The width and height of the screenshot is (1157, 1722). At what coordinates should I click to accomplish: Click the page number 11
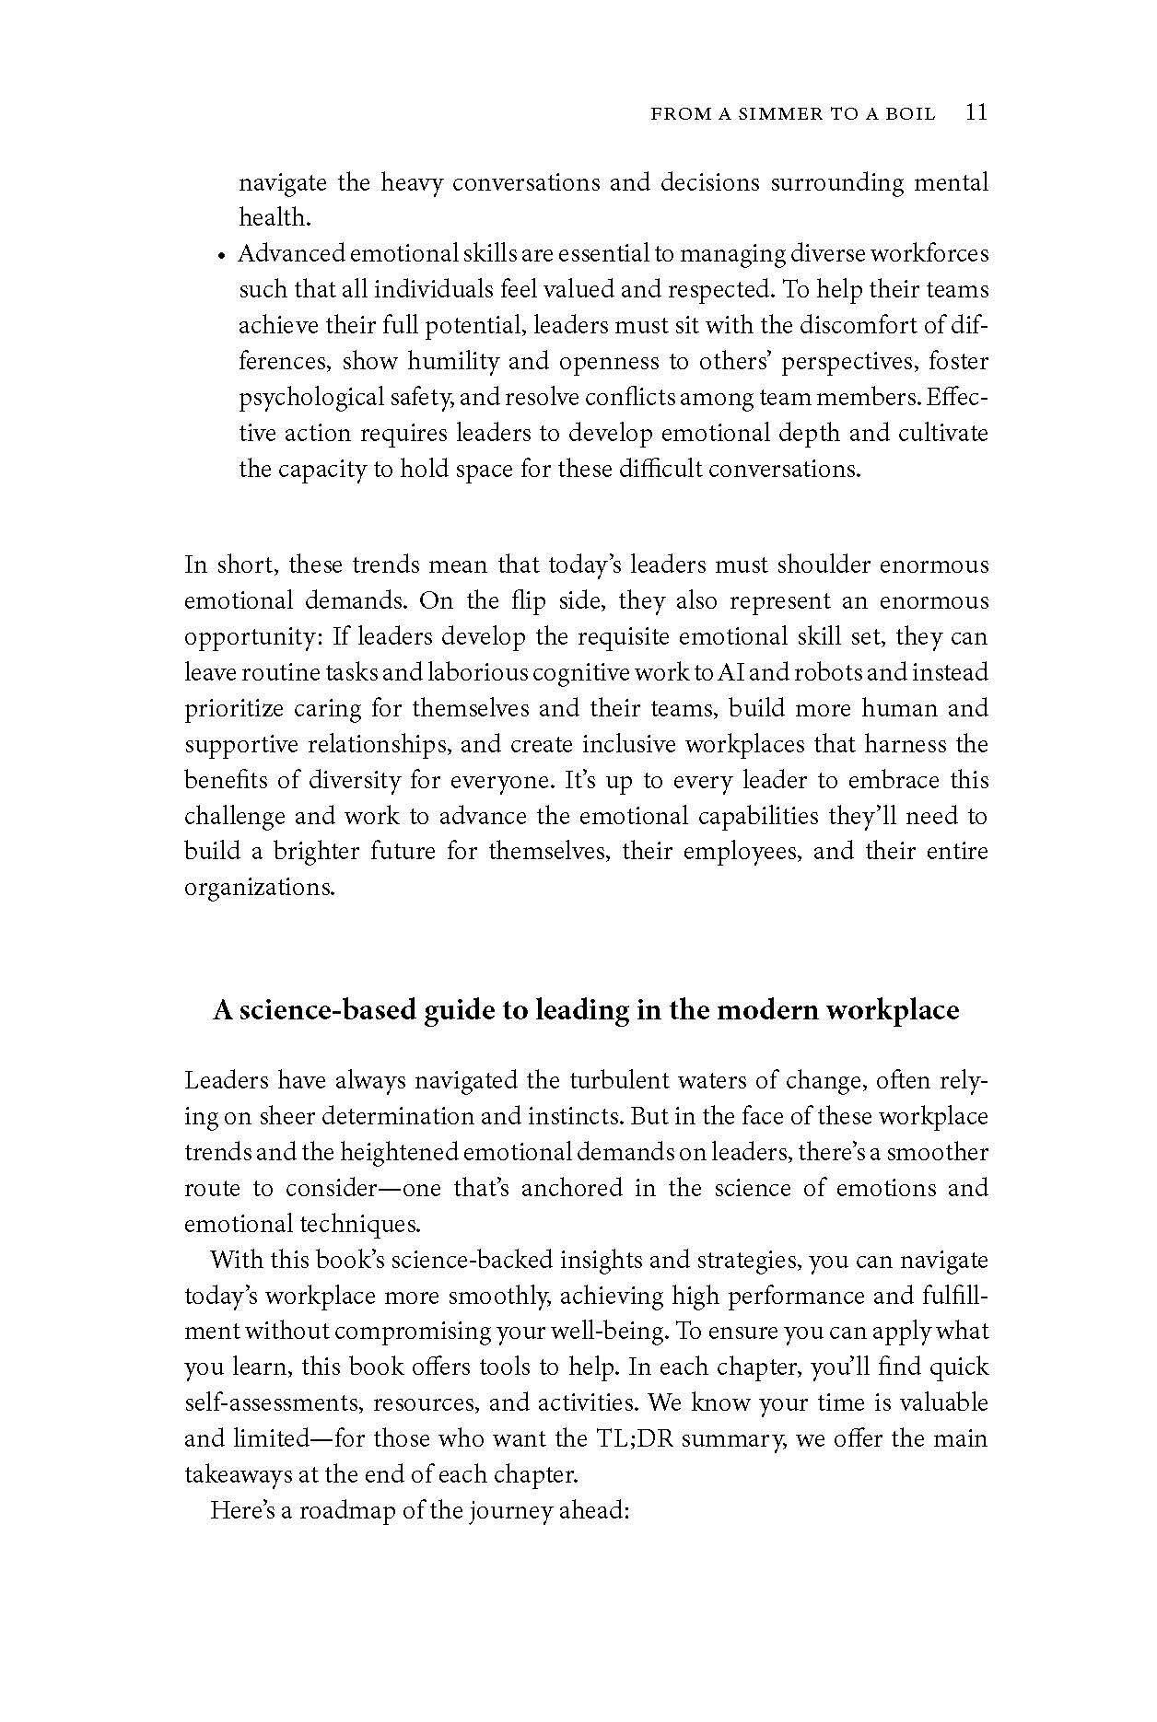(x=976, y=112)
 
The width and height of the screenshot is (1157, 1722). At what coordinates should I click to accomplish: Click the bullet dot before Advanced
(x=222, y=256)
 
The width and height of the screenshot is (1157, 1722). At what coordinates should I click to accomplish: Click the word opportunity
(x=241, y=637)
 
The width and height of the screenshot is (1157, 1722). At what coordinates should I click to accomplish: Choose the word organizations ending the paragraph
(x=257, y=888)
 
